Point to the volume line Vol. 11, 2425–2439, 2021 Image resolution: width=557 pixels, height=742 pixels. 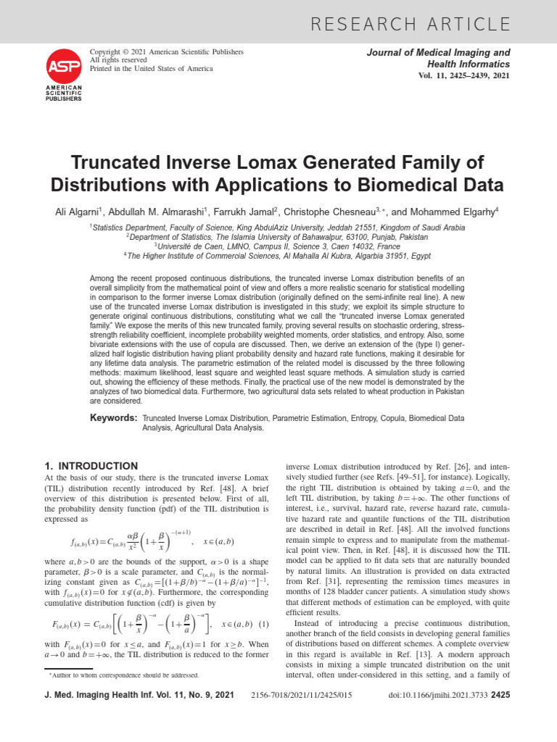click(x=465, y=76)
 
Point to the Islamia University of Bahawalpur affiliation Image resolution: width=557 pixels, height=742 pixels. click(x=278, y=236)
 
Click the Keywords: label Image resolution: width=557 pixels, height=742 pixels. click(x=113, y=418)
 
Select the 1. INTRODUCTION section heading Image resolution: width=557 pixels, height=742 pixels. click(x=91, y=466)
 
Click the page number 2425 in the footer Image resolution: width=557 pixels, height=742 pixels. click(x=500, y=696)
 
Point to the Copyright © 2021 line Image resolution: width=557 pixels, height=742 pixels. click(x=166, y=52)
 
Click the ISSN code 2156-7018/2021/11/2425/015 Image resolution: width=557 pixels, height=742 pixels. click(x=302, y=696)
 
